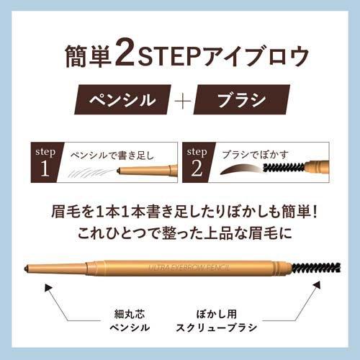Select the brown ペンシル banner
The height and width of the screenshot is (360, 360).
click(122, 99)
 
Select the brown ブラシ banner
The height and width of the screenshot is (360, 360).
click(242, 99)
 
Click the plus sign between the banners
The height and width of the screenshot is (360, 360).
click(183, 99)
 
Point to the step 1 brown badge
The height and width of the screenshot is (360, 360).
click(46, 163)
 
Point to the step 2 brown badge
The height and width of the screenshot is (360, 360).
click(197, 163)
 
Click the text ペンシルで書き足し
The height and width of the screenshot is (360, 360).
click(112, 156)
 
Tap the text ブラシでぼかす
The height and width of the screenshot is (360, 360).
click(255, 155)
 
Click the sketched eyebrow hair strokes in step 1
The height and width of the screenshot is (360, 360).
click(91, 172)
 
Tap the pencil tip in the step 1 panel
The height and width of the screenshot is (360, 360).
click(118, 171)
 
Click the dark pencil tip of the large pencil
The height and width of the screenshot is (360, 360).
click(27, 268)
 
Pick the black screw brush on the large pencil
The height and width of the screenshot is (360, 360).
click(317, 268)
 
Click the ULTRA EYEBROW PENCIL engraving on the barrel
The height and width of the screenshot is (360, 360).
click(189, 268)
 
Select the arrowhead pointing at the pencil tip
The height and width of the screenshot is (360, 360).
click(48, 287)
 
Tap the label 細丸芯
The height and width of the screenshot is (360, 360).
click(130, 314)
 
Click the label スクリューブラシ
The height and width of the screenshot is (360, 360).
click(217, 328)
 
